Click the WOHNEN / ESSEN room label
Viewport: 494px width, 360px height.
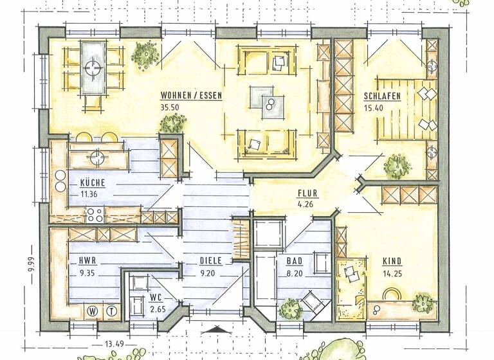[191, 96]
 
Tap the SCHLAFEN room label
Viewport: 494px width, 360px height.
[382, 96]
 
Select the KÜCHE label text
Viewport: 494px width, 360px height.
[93, 182]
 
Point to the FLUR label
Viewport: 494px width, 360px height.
[307, 194]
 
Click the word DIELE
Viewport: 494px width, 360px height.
[210, 261]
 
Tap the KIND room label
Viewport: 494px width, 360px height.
[392, 262]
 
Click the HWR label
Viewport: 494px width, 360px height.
[87, 262]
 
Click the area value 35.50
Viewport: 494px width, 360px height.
[169, 107]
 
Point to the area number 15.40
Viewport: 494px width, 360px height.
[373, 108]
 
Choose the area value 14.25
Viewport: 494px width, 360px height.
[393, 273]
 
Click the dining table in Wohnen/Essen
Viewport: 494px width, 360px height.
[94, 66]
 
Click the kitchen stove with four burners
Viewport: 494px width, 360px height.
[95, 214]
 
